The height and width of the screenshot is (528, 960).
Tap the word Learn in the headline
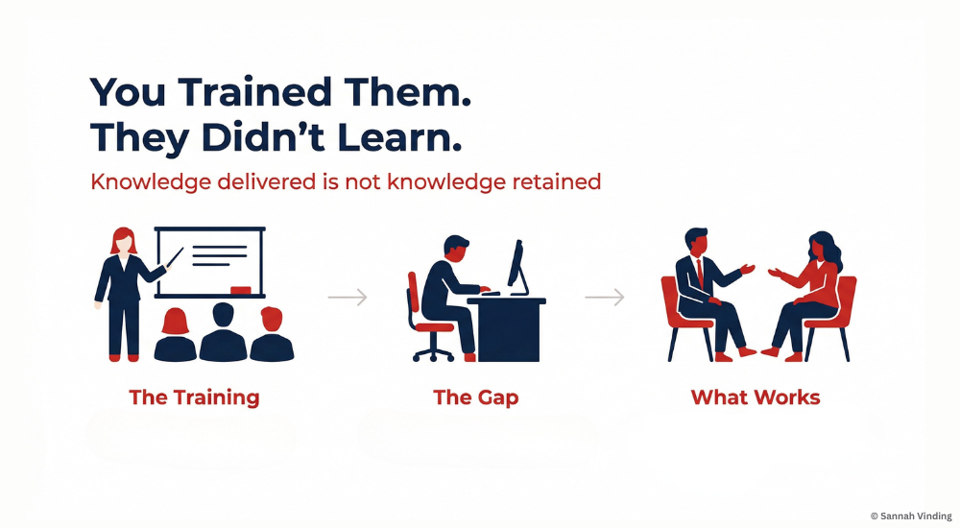396,138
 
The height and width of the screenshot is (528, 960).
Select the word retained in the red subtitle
552,181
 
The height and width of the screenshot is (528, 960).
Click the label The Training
194,397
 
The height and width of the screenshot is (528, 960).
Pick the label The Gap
477,397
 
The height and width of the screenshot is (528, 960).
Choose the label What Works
756,397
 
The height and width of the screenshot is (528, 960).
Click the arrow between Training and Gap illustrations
348,299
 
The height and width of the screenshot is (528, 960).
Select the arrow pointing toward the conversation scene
605,299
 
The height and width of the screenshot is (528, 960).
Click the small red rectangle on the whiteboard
241,289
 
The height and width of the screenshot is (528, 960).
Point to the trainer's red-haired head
123,240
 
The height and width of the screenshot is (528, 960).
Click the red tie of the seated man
699,272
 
